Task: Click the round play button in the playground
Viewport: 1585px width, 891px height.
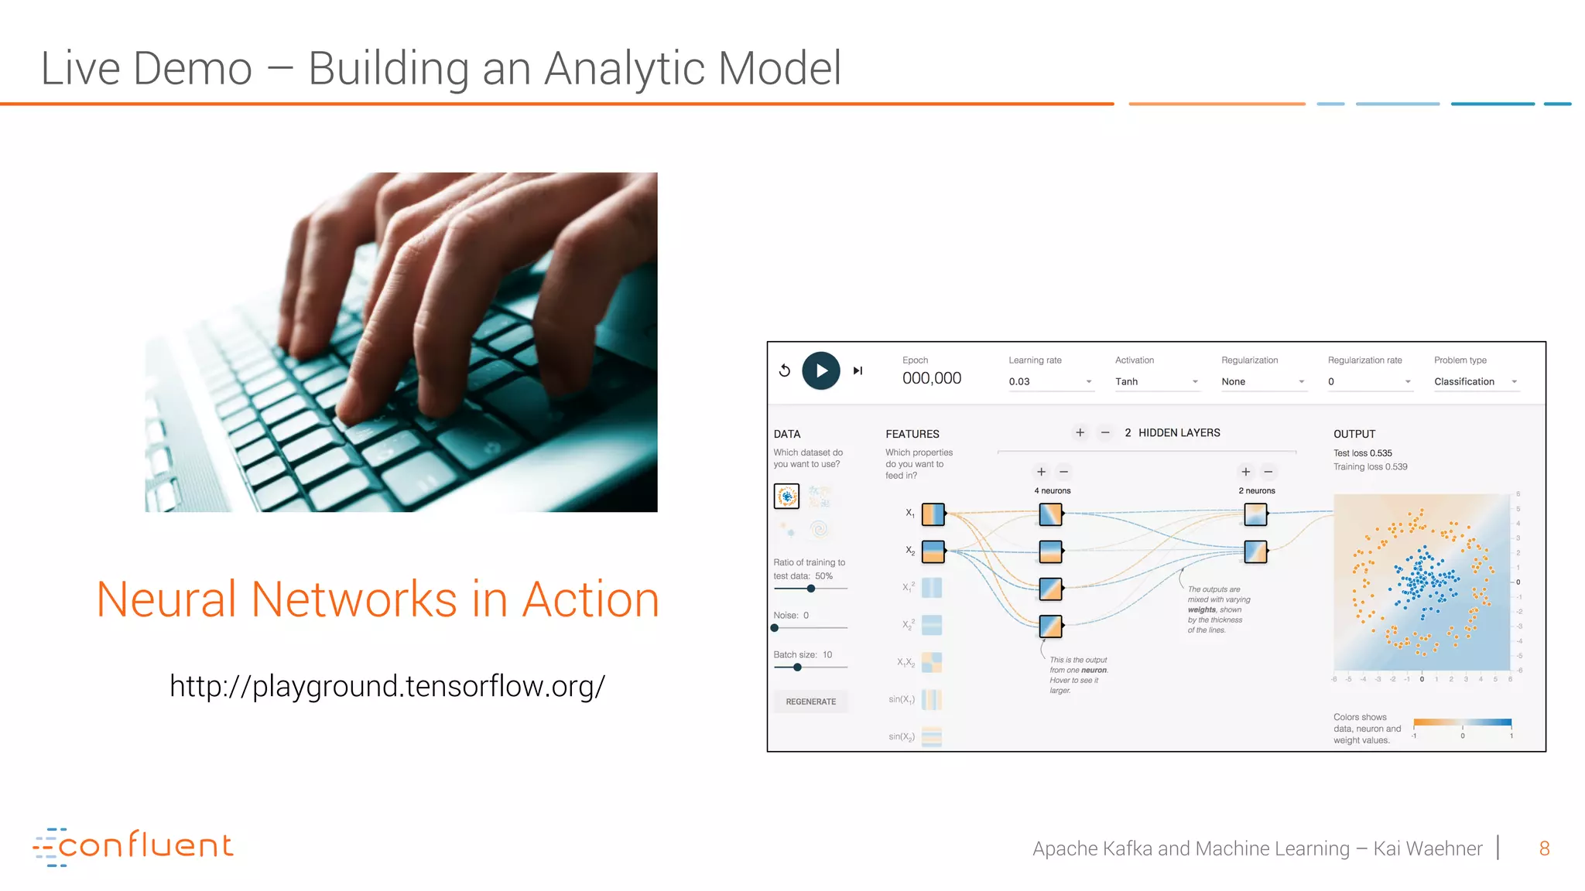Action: click(820, 370)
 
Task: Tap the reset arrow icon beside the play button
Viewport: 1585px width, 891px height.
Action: click(785, 370)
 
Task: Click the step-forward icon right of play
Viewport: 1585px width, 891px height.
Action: click(858, 370)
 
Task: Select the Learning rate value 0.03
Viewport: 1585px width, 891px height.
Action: click(1019, 381)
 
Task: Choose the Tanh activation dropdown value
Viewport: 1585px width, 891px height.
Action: click(1126, 381)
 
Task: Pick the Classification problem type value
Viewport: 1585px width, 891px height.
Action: click(1463, 381)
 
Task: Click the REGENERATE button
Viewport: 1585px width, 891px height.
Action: click(810, 702)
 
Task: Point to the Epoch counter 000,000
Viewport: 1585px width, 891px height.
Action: click(931, 378)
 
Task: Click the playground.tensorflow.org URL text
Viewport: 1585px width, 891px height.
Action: click(387, 686)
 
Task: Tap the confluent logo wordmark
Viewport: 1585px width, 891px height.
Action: click(145, 845)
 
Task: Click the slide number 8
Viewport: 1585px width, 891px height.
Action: click(1544, 848)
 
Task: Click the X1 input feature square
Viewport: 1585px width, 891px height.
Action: click(933, 514)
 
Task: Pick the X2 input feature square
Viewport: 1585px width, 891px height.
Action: click(933, 551)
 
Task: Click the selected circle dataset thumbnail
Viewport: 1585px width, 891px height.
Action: click(786, 496)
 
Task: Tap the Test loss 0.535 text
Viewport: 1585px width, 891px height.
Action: click(1362, 453)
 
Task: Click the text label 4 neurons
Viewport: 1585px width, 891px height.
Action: click(1052, 490)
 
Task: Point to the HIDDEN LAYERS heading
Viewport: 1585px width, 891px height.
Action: click(1179, 433)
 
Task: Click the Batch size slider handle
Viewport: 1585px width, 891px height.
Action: click(797, 667)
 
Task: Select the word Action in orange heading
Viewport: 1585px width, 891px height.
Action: click(591, 599)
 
